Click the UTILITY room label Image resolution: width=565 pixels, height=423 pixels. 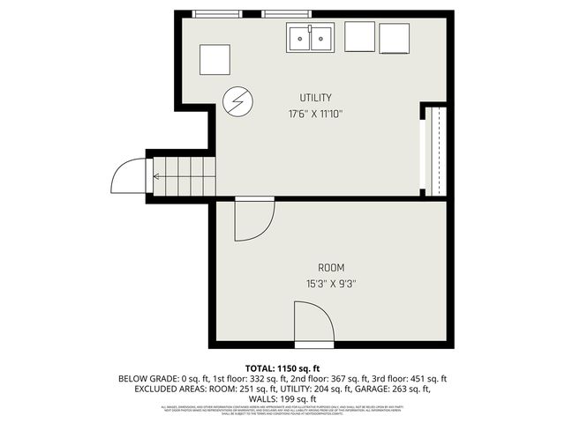pos(315,97)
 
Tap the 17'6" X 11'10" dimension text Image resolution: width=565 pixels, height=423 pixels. pos(315,114)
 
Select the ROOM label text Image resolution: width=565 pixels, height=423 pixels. pos(331,267)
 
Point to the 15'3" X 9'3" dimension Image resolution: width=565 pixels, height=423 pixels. pos(331,284)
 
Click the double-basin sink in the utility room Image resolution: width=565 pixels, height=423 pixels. pos(310,38)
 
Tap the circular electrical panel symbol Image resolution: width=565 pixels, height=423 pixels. pos(237,103)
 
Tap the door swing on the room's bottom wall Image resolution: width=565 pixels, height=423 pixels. pos(313,322)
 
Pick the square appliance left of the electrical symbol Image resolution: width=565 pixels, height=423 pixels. pos(215,60)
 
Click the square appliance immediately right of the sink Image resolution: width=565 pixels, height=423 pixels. pos(359,38)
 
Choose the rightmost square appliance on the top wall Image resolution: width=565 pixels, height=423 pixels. pos(395,38)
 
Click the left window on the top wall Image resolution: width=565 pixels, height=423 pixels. pos(217,14)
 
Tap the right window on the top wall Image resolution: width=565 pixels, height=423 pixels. pos(287,14)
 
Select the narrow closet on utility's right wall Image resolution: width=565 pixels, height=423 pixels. pos(433,149)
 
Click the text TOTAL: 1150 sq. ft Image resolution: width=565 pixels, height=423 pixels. pos(282,367)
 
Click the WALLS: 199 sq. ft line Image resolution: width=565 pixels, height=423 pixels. pos(282,398)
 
